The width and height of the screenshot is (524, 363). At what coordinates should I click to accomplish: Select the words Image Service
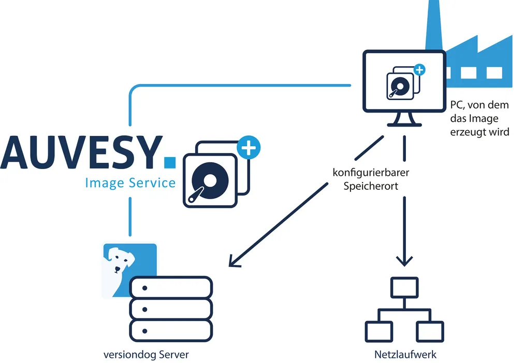tap(130, 183)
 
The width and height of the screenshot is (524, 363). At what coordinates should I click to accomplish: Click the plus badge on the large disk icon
tap(249, 148)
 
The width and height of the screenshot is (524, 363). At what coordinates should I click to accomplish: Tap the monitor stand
tap(404, 121)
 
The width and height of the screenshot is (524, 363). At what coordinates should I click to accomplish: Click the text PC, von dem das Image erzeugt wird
tap(479, 118)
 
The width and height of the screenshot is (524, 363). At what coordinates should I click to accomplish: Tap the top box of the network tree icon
tap(404, 287)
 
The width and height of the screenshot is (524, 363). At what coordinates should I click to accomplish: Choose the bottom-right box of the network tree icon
tap(430, 331)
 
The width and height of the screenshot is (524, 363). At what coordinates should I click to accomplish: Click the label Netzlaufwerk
tap(405, 355)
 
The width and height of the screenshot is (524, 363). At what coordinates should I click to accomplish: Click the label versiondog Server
tap(146, 355)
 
